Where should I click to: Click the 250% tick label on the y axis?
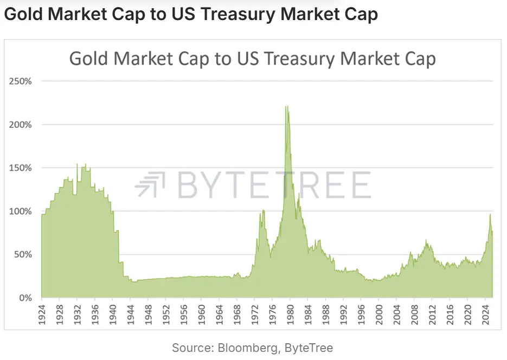point(21,81)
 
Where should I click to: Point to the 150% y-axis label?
point(21,168)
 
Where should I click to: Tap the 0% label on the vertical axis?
point(25,298)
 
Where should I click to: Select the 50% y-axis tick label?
point(23,255)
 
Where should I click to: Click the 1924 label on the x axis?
point(42,314)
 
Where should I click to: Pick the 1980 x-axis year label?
point(290,314)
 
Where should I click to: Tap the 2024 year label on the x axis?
point(485,314)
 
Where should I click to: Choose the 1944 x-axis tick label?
point(130,314)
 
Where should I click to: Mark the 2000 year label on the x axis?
point(378,314)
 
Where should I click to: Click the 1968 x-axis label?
point(236,314)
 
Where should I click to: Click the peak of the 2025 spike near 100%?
point(490,214)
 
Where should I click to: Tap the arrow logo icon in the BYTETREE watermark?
point(150,184)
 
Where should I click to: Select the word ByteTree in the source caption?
point(309,348)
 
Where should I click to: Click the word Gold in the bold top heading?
point(24,14)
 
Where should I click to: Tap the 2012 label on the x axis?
point(432,314)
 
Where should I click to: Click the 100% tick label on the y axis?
point(21,211)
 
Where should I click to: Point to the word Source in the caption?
point(192,348)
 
